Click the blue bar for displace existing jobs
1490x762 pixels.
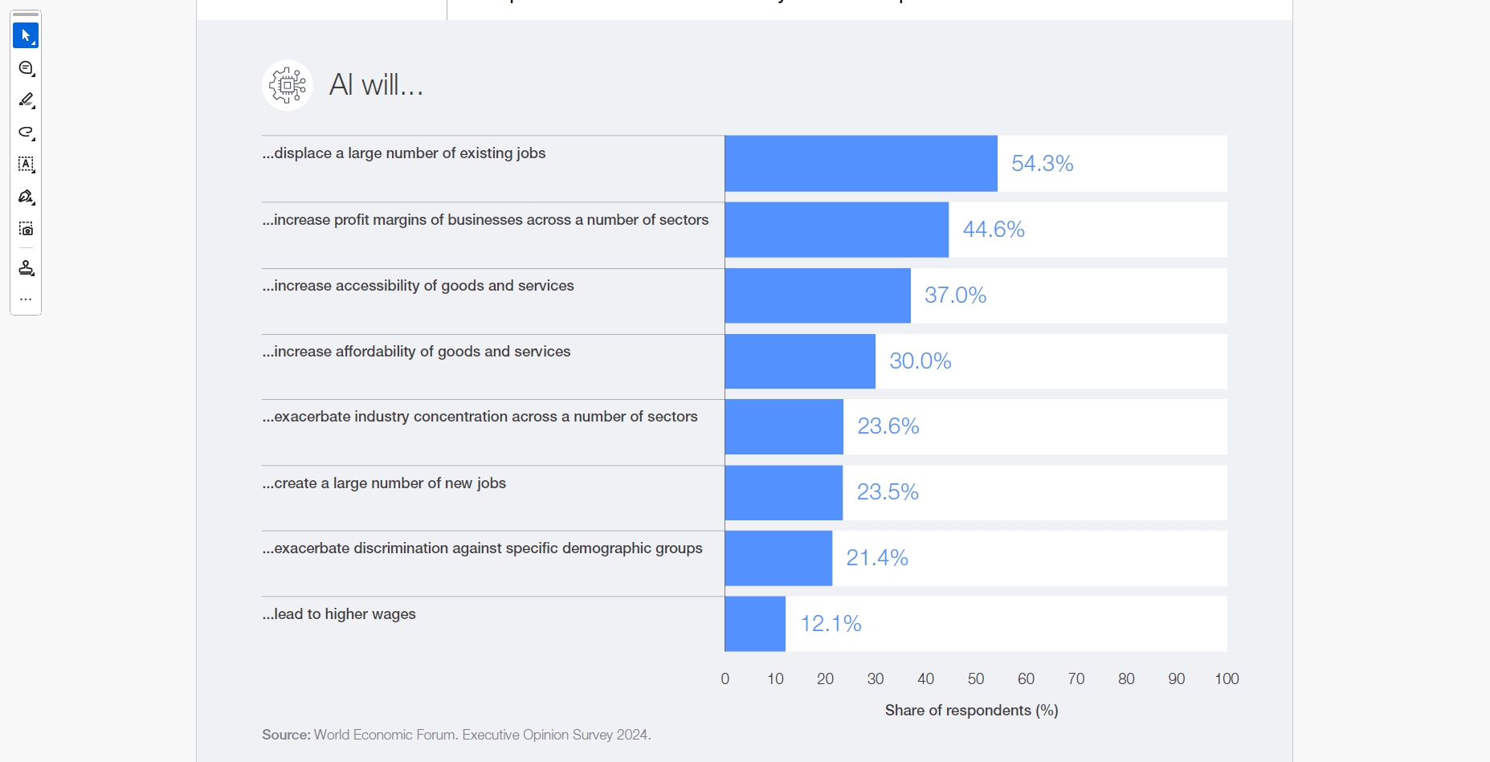860,164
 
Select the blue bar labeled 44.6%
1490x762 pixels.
836,230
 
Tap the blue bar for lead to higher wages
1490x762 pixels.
755,624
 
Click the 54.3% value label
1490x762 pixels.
1042,164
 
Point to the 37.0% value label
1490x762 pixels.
955,295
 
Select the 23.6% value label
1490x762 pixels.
888,426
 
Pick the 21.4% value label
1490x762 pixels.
877,558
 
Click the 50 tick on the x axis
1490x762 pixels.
976,679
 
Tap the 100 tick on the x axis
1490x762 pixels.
1227,679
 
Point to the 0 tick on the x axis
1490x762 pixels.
725,679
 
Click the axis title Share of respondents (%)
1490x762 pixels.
971,711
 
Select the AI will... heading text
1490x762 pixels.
376,84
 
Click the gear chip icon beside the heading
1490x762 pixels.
288,84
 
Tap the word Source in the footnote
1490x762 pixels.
286,735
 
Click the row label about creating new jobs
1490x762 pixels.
384,483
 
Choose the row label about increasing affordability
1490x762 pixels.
416,352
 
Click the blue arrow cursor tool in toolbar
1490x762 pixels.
26,35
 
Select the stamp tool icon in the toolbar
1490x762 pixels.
26,268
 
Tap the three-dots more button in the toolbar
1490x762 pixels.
26,300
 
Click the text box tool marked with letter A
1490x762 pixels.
26,165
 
